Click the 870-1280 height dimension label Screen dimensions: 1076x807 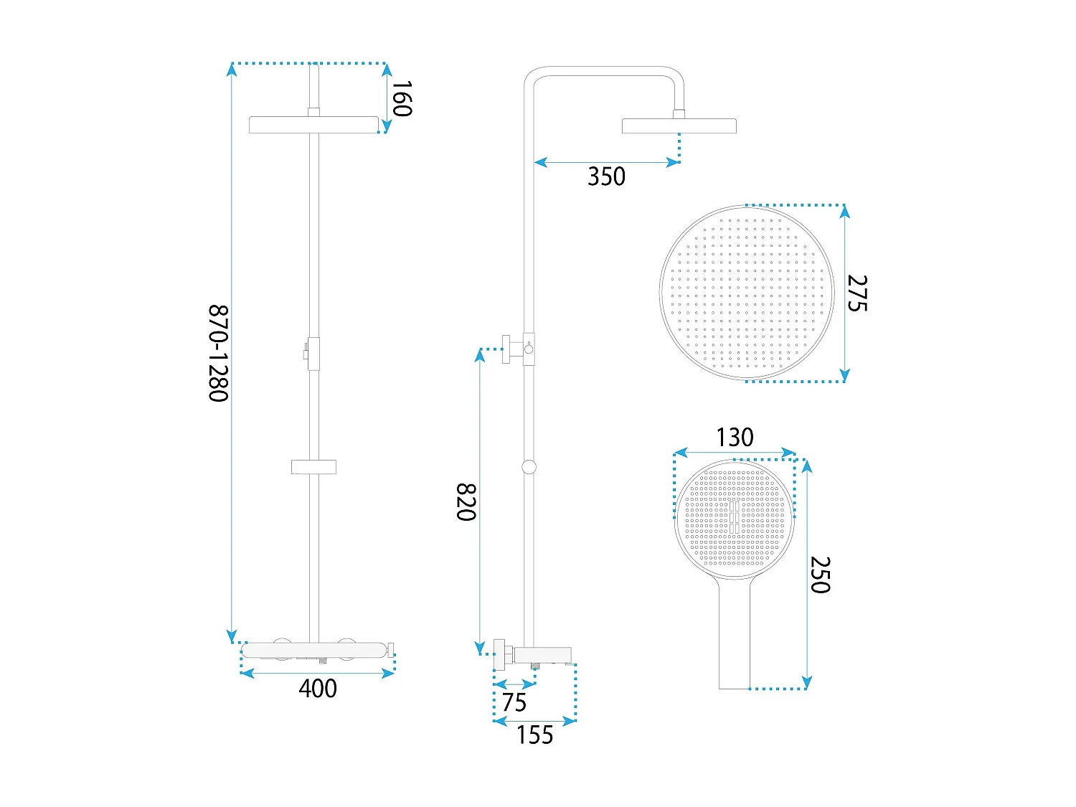pos(219,353)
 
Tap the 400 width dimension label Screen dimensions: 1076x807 pos(318,689)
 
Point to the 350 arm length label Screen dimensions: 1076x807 pos(606,176)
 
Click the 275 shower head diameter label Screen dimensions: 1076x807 pos(857,293)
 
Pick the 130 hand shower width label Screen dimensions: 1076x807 pos(735,437)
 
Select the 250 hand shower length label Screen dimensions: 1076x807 pos(820,575)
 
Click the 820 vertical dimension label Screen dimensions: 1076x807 pos(466,502)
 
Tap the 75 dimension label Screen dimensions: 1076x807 pos(514,703)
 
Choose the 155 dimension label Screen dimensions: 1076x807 pos(535,735)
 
